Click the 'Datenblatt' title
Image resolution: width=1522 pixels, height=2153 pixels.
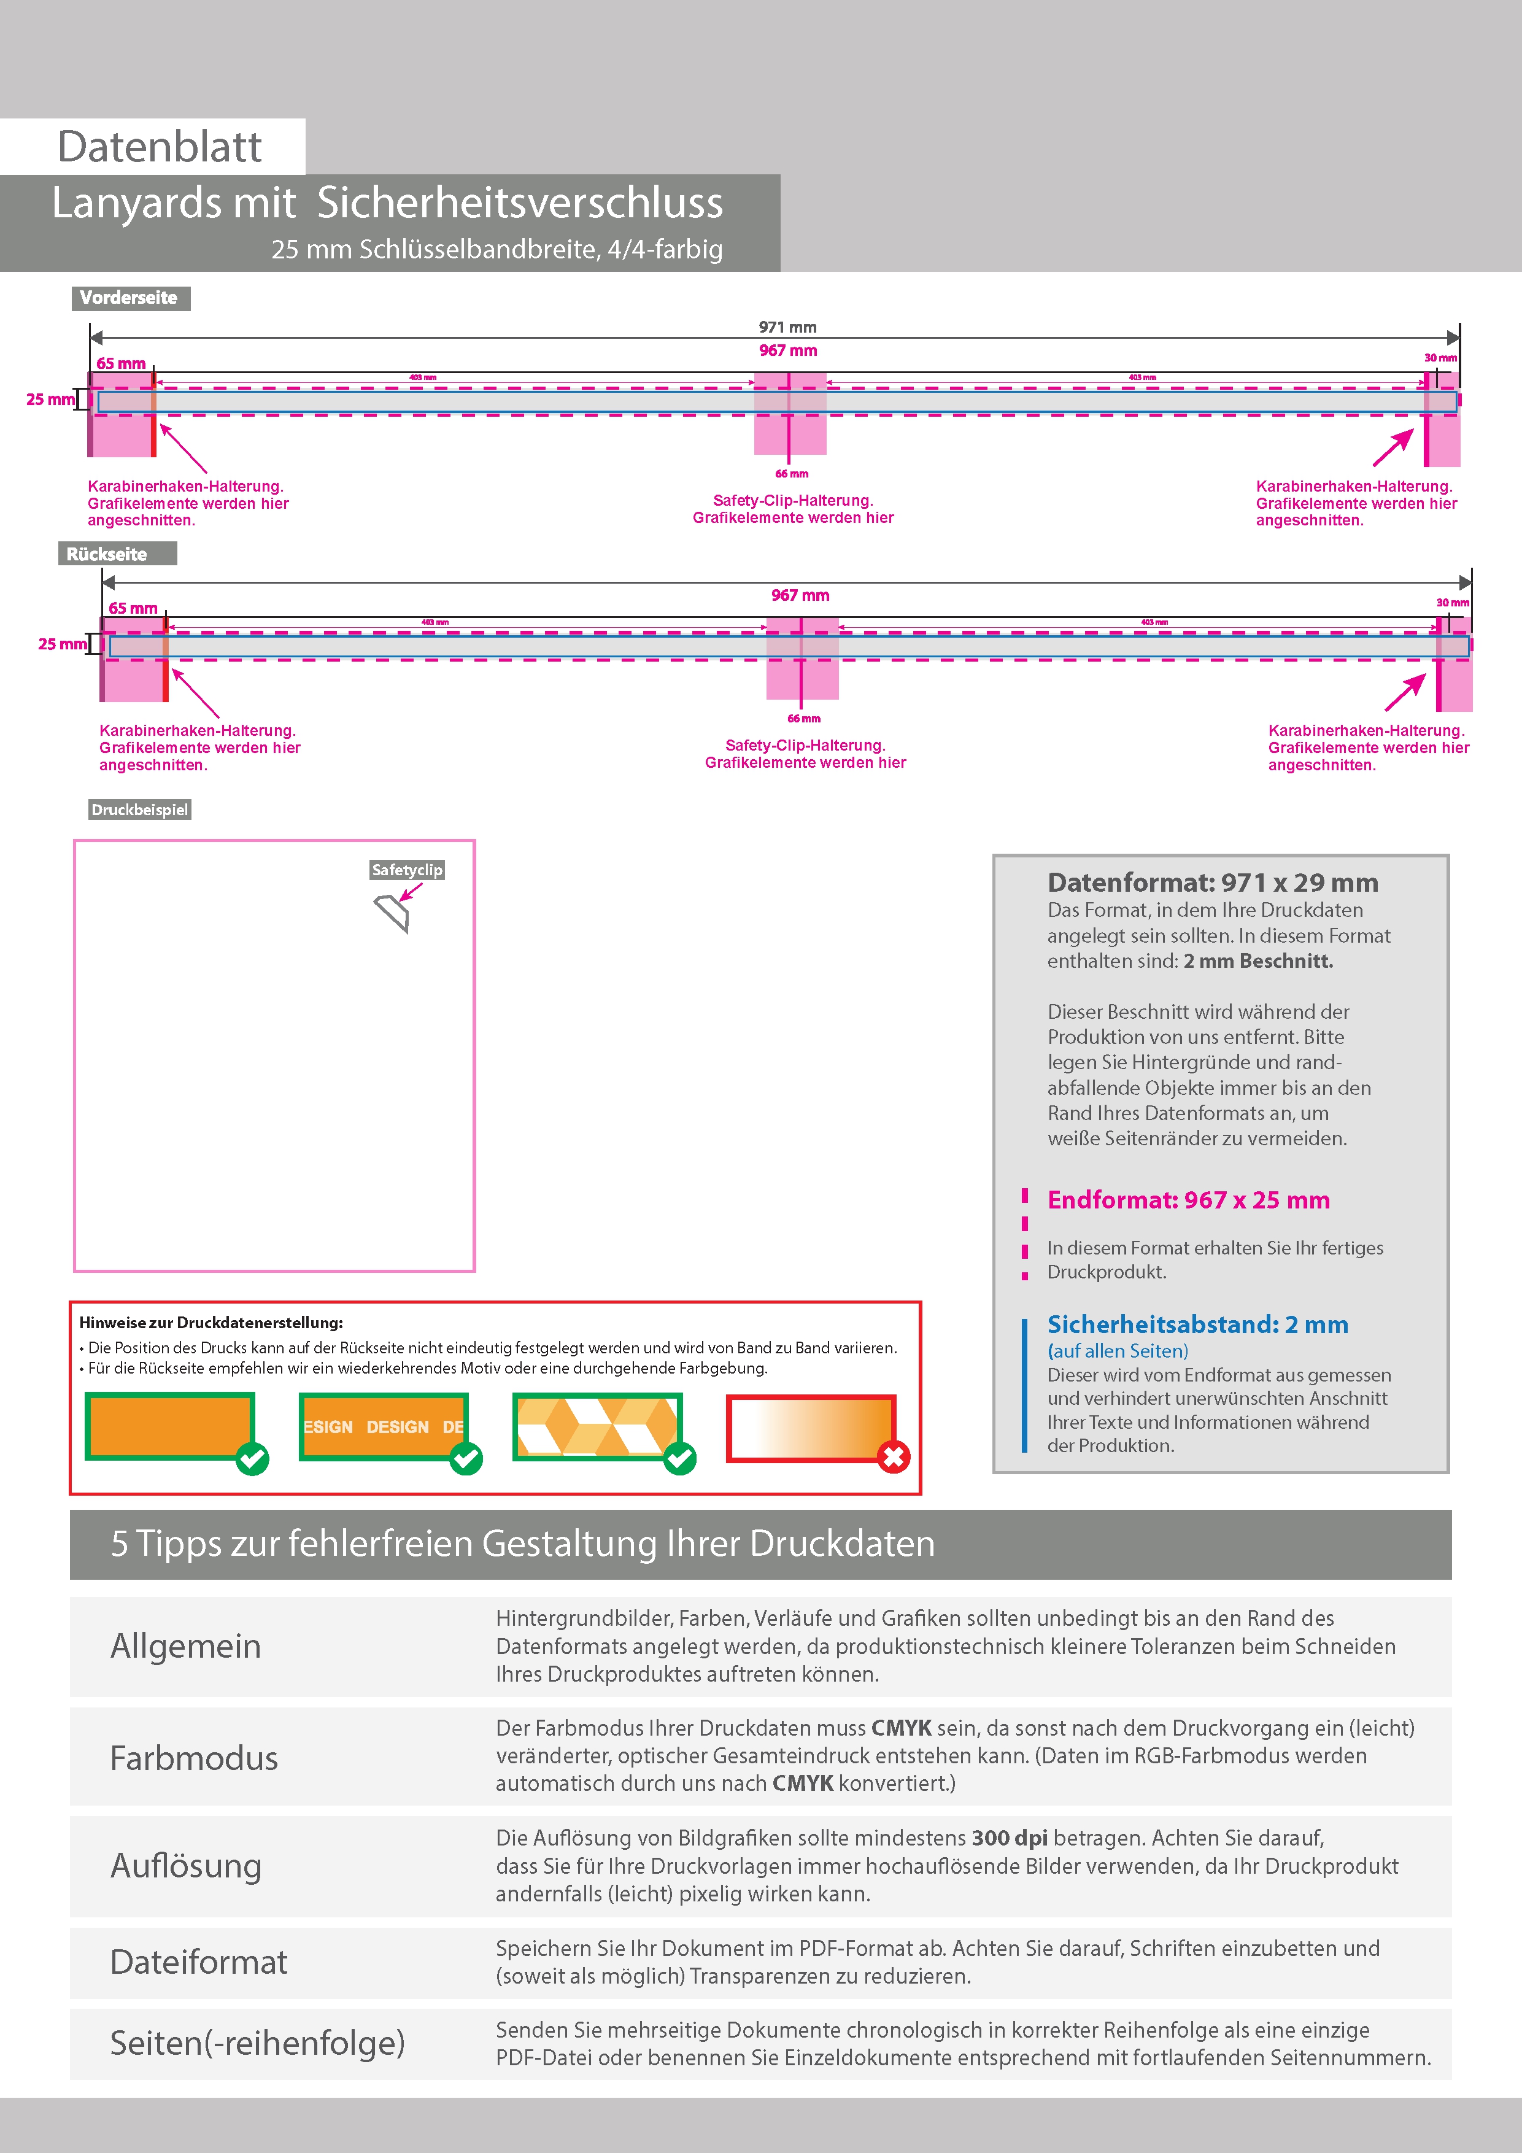(x=160, y=146)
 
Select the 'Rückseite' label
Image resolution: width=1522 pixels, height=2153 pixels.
(x=107, y=554)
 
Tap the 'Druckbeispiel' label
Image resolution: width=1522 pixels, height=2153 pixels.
(x=140, y=810)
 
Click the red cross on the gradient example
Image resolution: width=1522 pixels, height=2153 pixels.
(x=893, y=1457)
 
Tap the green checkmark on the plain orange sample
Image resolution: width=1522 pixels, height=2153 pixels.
(x=252, y=1458)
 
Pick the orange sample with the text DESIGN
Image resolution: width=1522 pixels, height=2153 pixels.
(x=382, y=1426)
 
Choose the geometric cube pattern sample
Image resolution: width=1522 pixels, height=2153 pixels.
(x=597, y=1426)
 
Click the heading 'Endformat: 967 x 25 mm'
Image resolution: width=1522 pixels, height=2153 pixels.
(x=1188, y=1200)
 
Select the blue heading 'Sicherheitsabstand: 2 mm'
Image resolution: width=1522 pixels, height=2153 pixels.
(x=1197, y=1325)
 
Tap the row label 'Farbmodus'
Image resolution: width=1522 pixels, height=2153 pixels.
(x=194, y=1758)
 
